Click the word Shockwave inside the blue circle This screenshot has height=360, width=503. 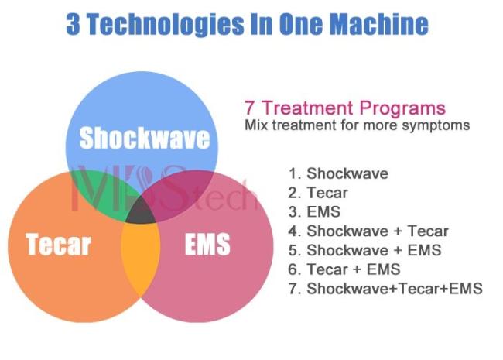click(x=145, y=138)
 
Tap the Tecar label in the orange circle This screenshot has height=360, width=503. click(x=58, y=245)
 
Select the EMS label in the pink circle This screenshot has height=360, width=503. click(x=207, y=244)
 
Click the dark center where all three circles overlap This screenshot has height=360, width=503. click(x=141, y=211)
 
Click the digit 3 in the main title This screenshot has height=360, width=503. click(x=74, y=24)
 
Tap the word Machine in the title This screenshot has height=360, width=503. click(x=379, y=24)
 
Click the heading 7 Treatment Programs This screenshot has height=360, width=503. click(x=345, y=108)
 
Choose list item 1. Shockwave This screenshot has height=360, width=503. click(x=338, y=173)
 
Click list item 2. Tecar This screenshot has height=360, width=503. click(x=318, y=193)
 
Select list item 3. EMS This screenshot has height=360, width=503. click(x=314, y=212)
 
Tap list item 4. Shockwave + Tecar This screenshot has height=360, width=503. click(x=368, y=231)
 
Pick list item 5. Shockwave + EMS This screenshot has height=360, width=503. click(x=364, y=250)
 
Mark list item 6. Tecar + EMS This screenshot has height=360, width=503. click(x=344, y=269)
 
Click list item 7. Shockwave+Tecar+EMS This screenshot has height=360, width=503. click(x=385, y=289)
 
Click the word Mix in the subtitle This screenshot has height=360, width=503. click(x=256, y=125)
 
